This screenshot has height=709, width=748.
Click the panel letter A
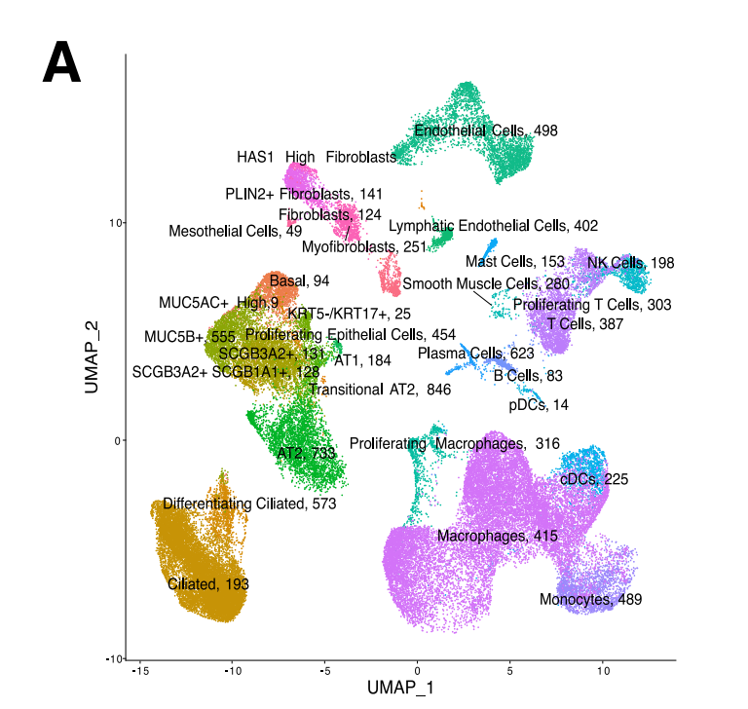tap(61, 65)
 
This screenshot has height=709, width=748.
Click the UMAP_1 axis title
tap(400, 688)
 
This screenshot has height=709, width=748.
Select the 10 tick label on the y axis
tap(113, 223)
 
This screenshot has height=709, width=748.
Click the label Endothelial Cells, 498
tap(485, 131)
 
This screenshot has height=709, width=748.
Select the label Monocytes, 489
tap(590, 600)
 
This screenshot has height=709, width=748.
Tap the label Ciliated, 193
tap(208, 584)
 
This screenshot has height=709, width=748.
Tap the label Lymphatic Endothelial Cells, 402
tap(493, 226)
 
